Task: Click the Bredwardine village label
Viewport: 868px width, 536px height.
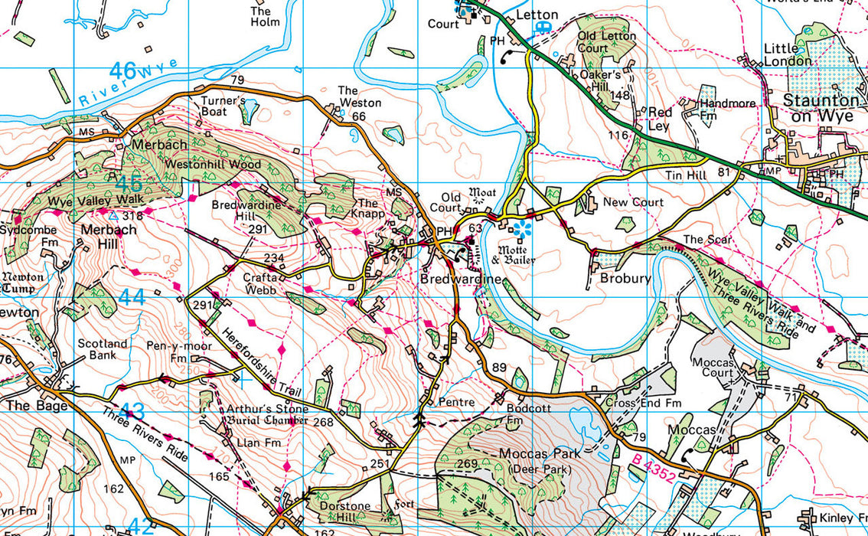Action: click(459, 279)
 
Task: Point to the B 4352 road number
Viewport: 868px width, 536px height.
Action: click(654, 469)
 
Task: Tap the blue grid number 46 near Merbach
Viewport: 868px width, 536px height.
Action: click(129, 184)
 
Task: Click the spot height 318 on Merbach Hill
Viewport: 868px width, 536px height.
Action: click(132, 217)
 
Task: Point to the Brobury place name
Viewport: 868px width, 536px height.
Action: click(625, 279)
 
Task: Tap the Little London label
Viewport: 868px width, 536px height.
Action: click(788, 55)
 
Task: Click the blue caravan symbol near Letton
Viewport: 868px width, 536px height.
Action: click(544, 28)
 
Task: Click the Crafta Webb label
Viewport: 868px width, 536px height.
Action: click(259, 284)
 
